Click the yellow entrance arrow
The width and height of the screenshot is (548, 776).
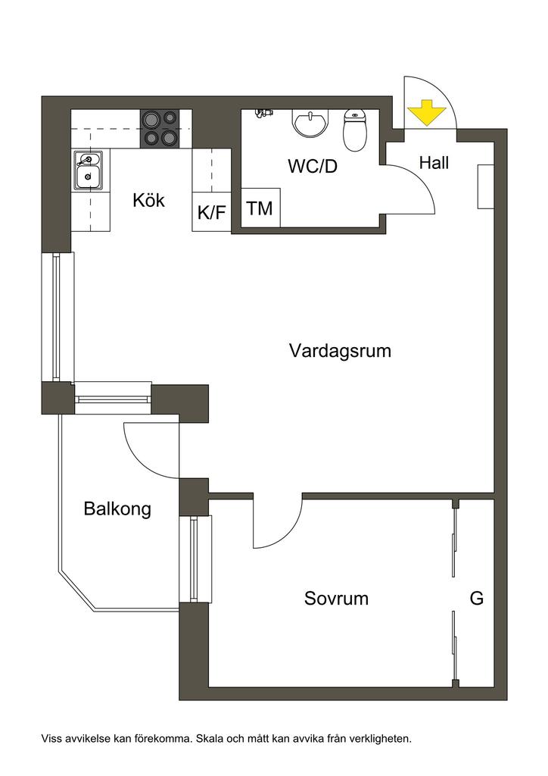point(425,113)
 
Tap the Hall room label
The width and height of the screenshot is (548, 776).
point(434,162)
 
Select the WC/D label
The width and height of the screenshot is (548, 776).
point(312,166)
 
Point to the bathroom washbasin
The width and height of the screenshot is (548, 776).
point(310,123)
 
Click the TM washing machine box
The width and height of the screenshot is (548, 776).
point(260,208)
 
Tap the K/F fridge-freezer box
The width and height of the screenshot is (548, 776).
point(212,212)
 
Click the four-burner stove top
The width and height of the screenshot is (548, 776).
point(160,128)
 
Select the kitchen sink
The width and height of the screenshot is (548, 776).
point(89,171)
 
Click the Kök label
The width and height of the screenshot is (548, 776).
point(148,201)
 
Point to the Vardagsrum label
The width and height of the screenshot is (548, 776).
point(340,351)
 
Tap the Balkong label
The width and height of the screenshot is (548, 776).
point(117,508)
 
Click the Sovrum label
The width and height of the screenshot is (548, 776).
point(336,599)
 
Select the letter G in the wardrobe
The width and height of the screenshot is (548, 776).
point(477,599)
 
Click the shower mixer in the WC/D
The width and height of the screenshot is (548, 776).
point(263,113)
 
